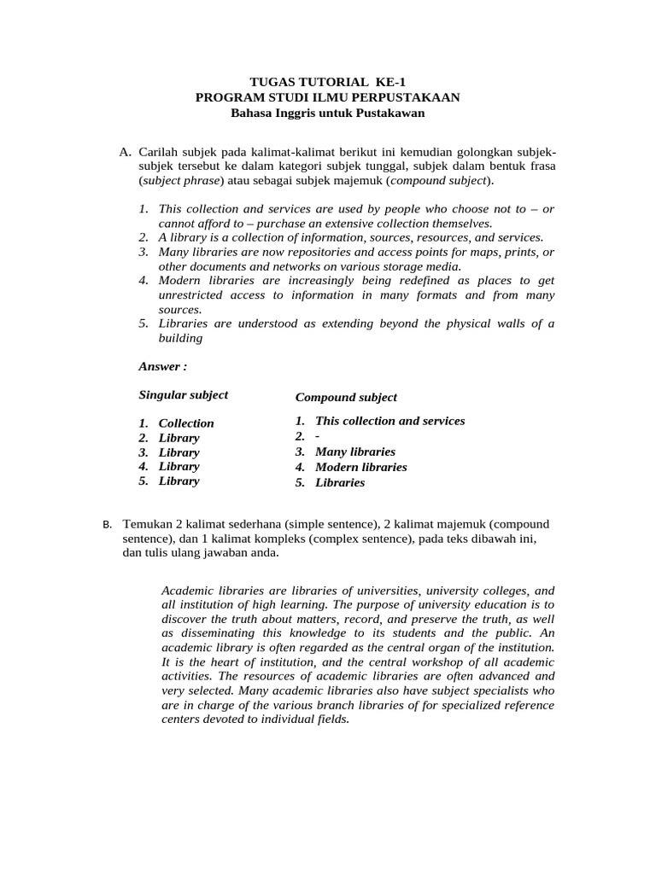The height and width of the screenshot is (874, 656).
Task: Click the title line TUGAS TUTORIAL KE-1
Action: pyautogui.click(x=327, y=82)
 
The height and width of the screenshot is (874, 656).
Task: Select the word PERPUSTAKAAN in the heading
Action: pyautogui.click(x=405, y=97)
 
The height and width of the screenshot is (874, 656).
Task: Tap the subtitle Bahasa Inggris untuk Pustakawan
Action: pyautogui.click(x=327, y=113)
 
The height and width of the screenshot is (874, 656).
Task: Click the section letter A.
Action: pyautogui.click(x=125, y=152)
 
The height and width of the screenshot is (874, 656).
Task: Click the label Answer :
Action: pyautogui.click(x=162, y=366)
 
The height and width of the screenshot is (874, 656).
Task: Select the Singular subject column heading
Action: pyautogui.click(x=183, y=394)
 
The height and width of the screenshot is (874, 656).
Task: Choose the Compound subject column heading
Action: pyautogui.click(x=346, y=397)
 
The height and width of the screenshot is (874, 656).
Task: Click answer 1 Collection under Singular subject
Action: pyautogui.click(x=186, y=423)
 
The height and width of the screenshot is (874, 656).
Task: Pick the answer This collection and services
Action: pyautogui.click(x=389, y=421)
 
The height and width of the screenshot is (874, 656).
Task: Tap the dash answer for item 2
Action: pyautogui.click(x=318, y=436)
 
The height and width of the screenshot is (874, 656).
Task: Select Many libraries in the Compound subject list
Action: pyautogui.click(x=354, y=452)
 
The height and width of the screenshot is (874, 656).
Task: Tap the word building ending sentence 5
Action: pyautogui.click(x=180, y=337)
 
